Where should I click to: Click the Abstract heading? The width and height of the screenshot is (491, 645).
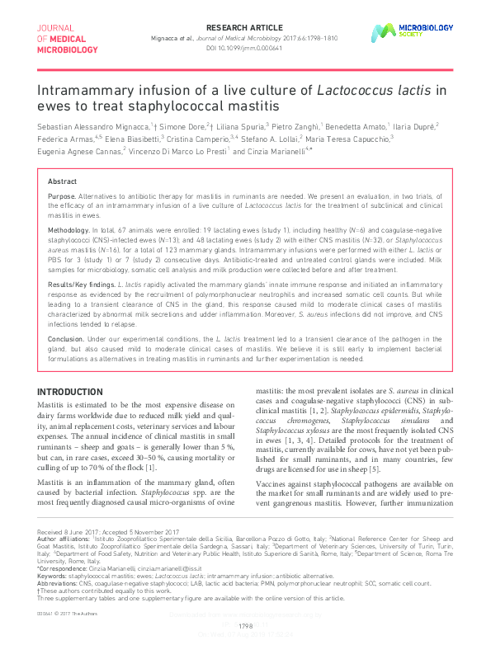(x=63, y=181)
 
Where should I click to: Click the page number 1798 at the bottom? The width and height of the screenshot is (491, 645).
(x=245, y=626)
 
